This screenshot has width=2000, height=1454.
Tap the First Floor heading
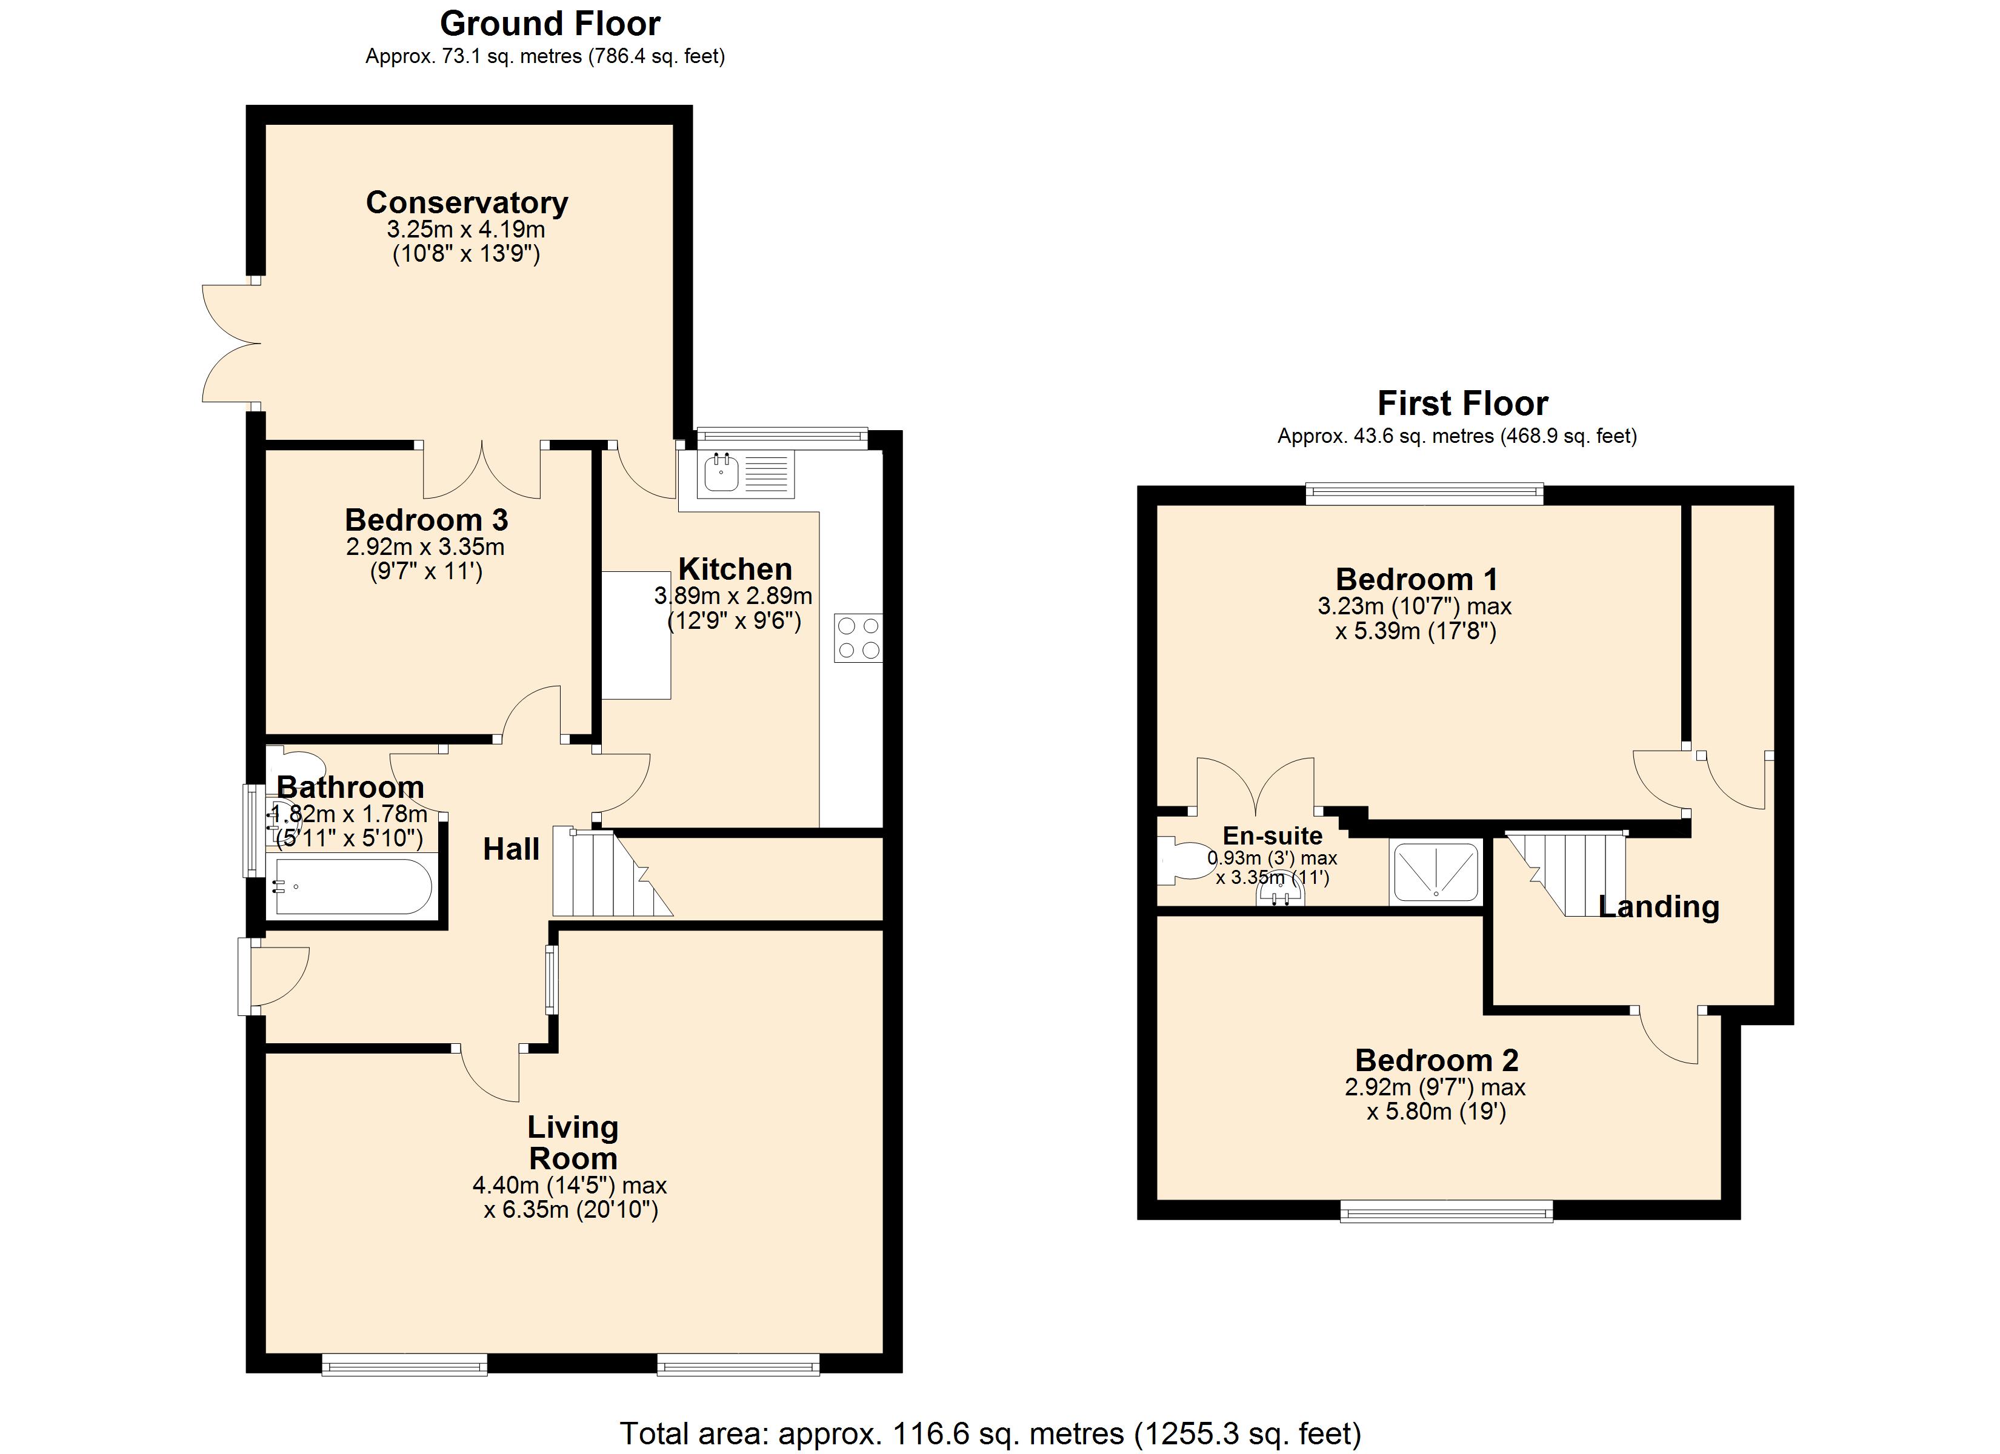tap(1461, 404)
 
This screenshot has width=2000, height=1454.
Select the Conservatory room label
tap(467, 203)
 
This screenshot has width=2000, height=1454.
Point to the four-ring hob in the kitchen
tap(857, 637)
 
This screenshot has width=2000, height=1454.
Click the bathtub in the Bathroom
tap(352, 886)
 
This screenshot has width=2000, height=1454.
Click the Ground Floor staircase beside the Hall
tap(608, 873)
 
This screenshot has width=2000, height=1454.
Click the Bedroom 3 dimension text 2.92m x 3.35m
tap(425, 546)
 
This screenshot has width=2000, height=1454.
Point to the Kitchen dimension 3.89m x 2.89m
tap(733, 596)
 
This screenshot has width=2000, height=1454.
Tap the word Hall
tap(510, 849)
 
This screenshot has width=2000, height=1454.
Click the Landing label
tap(1658, 906)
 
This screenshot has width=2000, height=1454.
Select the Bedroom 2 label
tap(1436, 1060)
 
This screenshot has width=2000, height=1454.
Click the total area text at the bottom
tap(990, 1433)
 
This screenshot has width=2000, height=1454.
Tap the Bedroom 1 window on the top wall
tap(1424, 494)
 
